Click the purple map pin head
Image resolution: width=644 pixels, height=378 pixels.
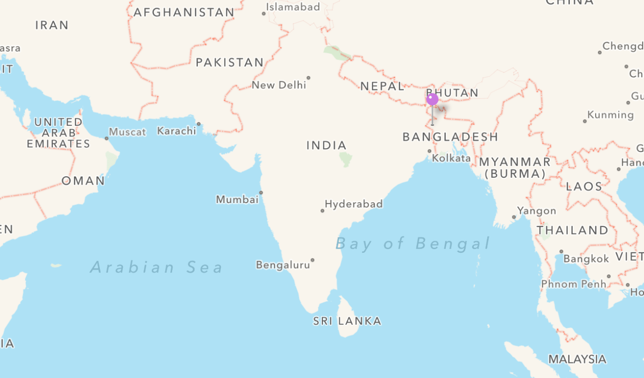[432, 99]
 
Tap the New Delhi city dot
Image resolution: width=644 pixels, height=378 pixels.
[308, 78]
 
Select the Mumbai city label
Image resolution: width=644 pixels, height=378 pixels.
[237, 199]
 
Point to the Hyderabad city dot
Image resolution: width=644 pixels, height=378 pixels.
[322, 210]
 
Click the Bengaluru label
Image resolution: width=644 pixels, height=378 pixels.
[283, 265]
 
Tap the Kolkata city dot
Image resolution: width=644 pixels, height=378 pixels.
[430, 151]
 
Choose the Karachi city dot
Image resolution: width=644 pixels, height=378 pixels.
[199, 124]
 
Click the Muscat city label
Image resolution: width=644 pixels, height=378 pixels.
[127, 132]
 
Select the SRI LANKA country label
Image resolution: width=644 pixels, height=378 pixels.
[347, 321]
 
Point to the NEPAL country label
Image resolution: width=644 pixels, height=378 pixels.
[382, 86]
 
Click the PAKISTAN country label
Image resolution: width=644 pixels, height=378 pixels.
[230, 63]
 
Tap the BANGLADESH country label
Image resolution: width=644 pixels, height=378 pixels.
[450, 137]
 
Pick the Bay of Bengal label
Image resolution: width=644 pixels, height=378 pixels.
[413, 243]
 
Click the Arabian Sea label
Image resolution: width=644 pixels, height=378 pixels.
[156, 267]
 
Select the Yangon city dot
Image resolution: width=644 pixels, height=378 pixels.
[514, 217]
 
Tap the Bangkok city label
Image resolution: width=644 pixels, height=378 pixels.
[586, 259]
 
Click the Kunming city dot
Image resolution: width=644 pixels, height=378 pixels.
[585, 121]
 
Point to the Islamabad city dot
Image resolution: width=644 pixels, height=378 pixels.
[264, 13]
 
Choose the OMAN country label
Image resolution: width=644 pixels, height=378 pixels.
[83, 181]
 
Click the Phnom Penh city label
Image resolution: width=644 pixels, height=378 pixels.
[574, 284]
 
